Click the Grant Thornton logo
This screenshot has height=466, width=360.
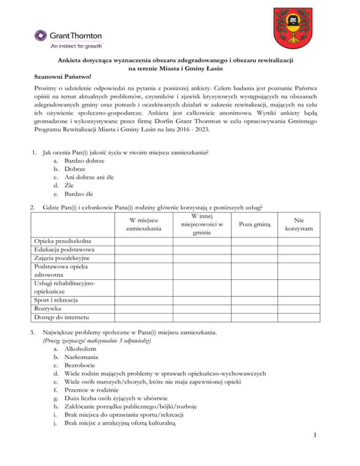[x=68, y=36]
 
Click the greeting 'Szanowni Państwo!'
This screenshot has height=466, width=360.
[x=63, y=75]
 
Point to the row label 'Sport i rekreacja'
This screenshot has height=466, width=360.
[x=57, y=300]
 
